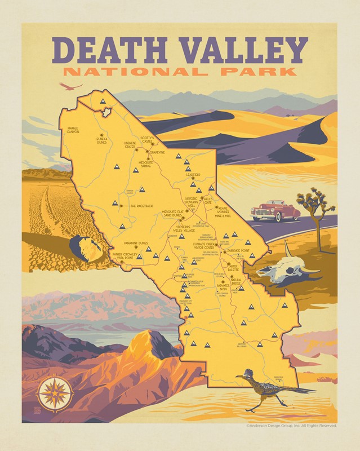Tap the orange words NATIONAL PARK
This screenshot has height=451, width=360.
coord(179,72)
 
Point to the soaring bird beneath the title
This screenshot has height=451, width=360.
coord(72,86)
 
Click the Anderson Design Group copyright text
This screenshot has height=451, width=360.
coord(291,426)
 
